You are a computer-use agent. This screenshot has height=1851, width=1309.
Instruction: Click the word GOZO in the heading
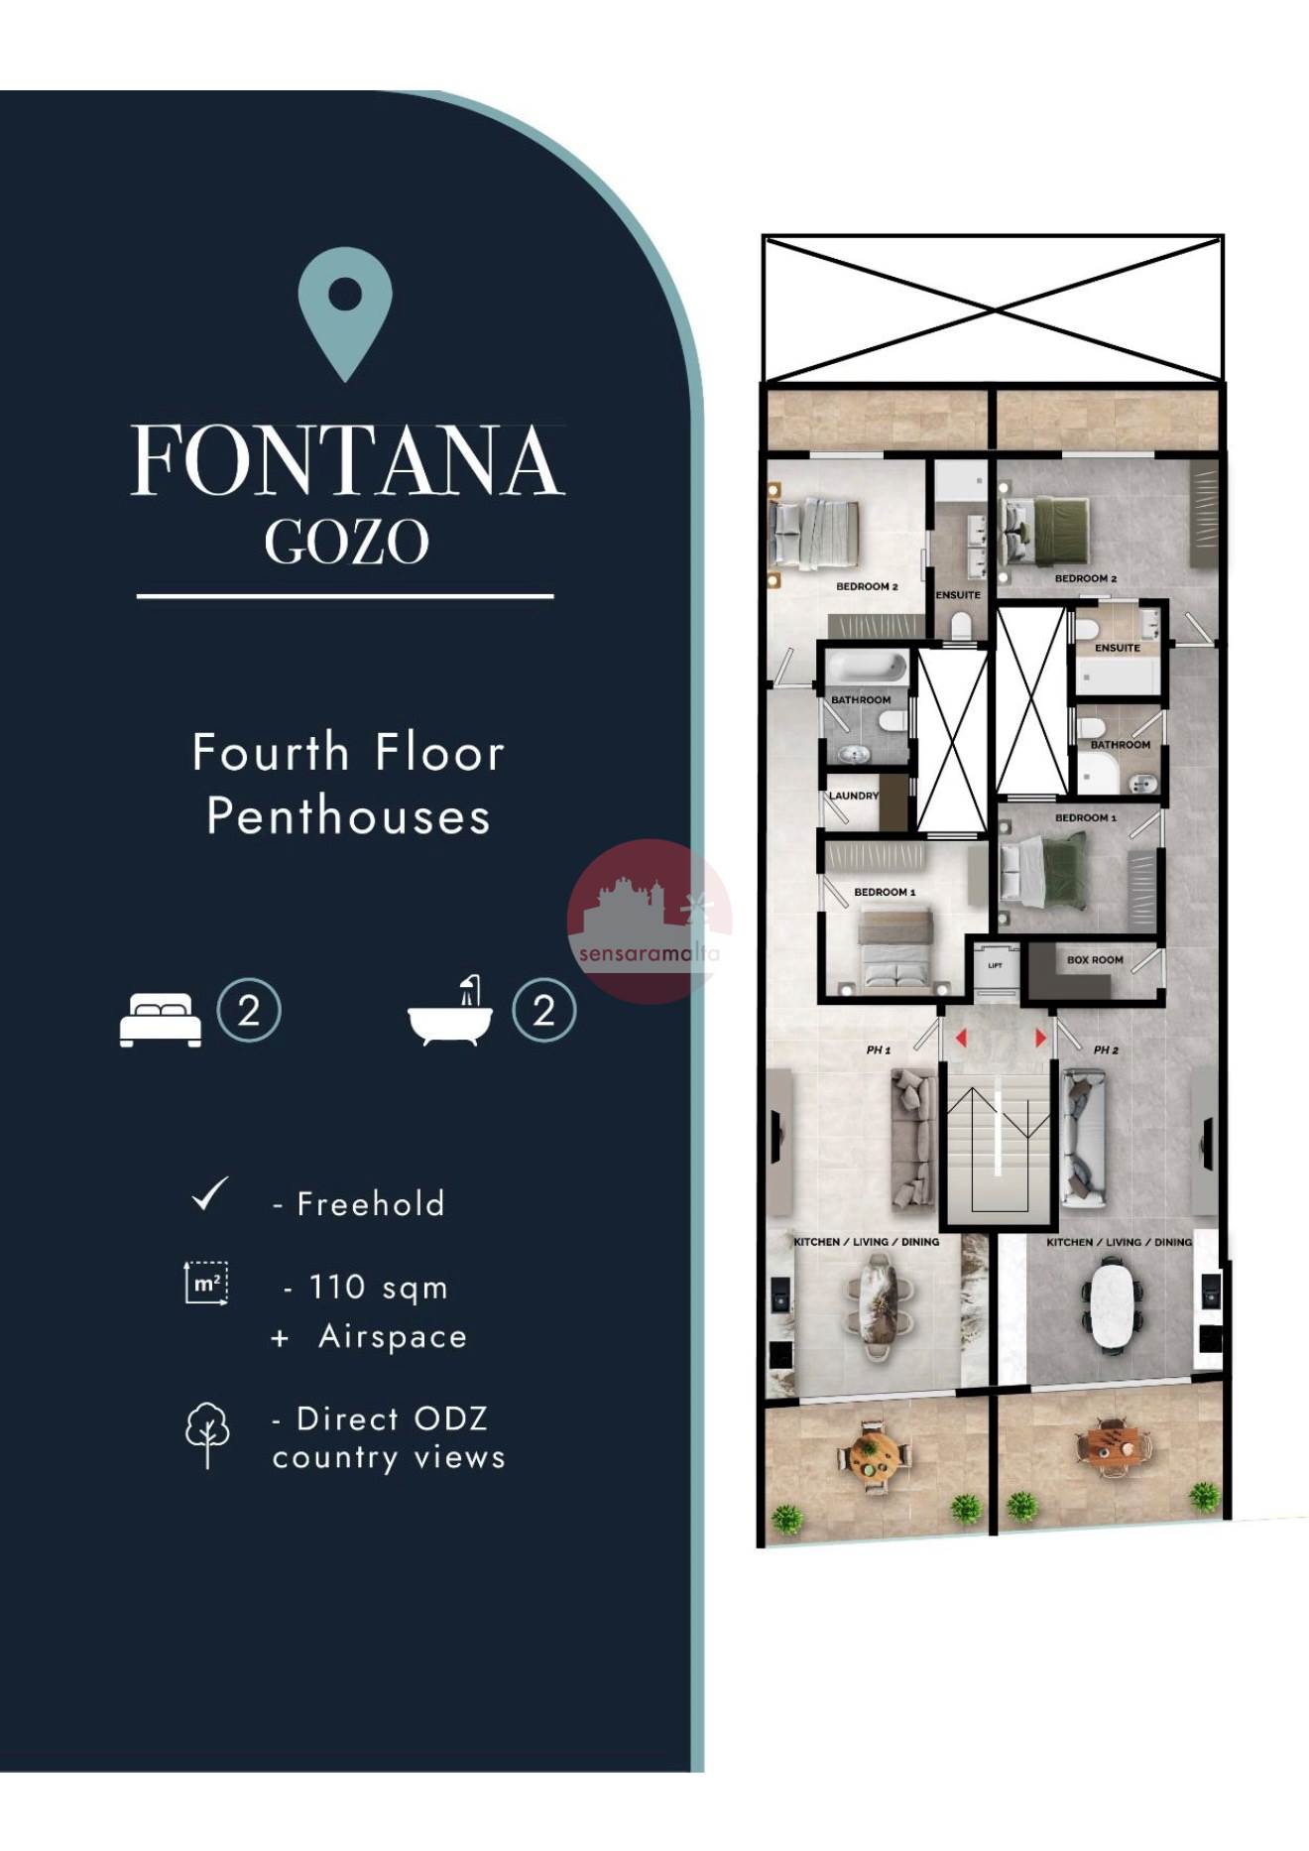pyautogui.click(x=347, y=542)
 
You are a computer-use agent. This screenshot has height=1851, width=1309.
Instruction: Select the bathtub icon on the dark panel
pyautogui.click(x=450, y=1011)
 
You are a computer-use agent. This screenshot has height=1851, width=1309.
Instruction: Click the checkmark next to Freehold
pyautogui.click(x=210, y=1194)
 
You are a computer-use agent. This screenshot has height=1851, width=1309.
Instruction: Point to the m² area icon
pyautogui.click(x=206, y=1283)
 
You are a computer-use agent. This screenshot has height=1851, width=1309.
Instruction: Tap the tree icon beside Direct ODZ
pyautogui.click(x=207, y=1434)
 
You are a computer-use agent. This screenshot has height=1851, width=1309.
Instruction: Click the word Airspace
pyautogui.click(x=393, y=1337)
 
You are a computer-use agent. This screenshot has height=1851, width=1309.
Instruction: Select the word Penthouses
pyautogui.click(x=349, y=816)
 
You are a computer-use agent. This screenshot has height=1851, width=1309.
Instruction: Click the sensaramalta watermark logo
pyautogui.click(x=650, y=921)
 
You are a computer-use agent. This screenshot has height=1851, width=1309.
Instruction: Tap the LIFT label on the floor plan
pyautogui.click(x=995, y=965)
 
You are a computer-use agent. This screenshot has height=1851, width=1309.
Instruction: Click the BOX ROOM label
pyautogui.click(x=1095, y=960)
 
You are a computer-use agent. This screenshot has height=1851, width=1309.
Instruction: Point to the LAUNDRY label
pyautogui.click(x=854, y=796)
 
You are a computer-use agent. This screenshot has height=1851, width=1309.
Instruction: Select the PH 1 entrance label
pyautogui.click(x=879, y=1049)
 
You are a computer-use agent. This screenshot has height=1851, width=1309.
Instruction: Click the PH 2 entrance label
pyautogui.click(x=1106, y=1049)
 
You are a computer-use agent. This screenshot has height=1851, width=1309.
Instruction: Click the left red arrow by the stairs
pyautogui.click(x=960, y=1038)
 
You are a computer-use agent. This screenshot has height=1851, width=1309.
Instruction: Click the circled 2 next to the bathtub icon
pyautogui.click(x=543, y=1011)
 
